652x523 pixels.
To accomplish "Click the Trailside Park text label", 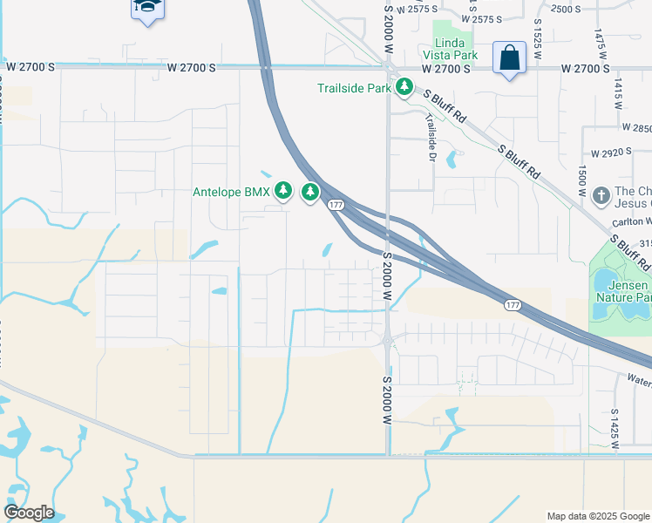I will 354,87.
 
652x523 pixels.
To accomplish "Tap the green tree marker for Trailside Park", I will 404,87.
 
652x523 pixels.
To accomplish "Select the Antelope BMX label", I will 231,192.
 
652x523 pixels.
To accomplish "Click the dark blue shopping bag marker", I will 509,58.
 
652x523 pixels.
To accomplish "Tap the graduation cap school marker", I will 147,8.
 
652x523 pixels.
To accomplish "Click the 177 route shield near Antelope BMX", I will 335,205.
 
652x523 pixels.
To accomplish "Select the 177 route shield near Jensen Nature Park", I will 514,304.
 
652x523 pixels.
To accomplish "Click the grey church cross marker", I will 601,195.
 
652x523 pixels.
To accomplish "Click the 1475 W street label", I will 599,44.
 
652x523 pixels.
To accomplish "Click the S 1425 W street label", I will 614,427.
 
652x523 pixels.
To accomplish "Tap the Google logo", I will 29,513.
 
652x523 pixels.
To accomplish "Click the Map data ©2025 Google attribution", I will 597,516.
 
